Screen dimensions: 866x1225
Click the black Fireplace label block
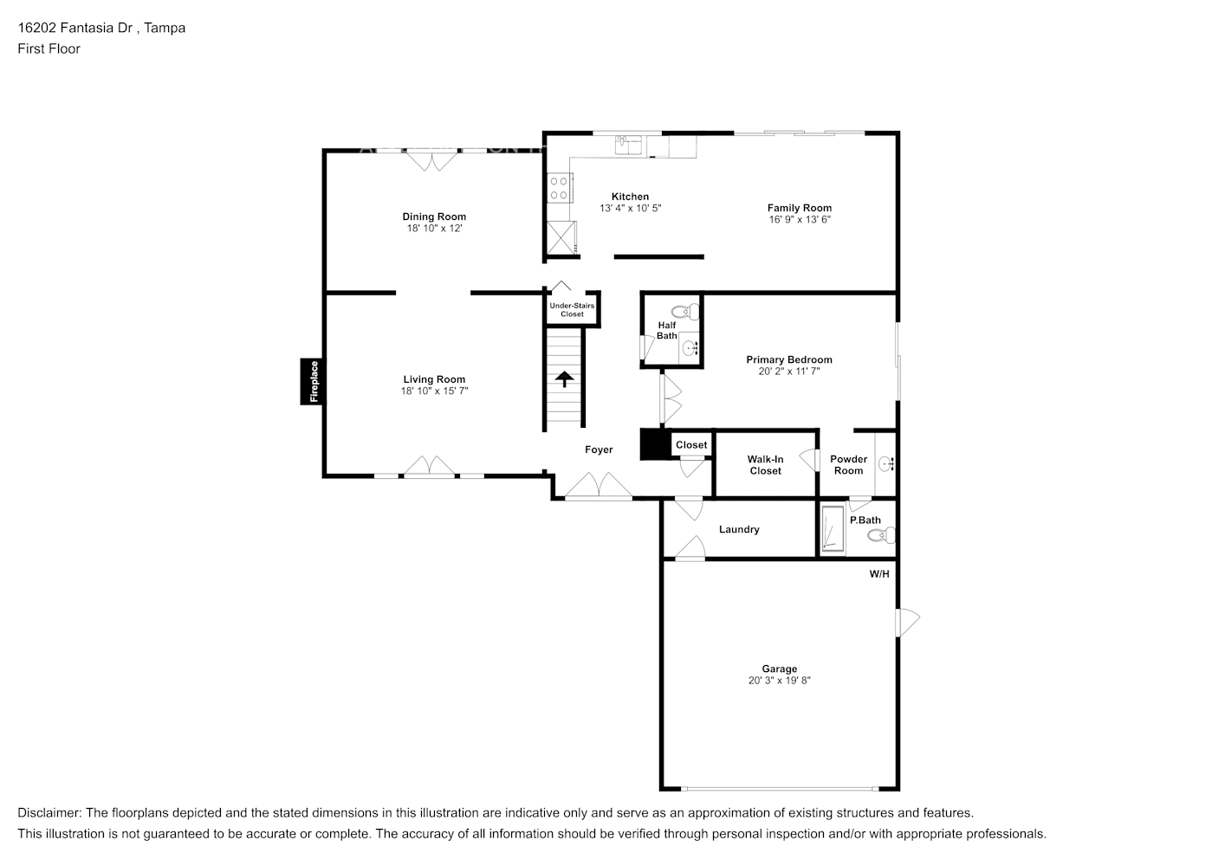pyautogui.click(x=313, y=381)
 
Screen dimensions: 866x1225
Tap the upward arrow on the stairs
pyautogui.click(x=564, y=379)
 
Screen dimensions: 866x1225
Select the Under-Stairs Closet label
pyautogui.click(x=572, y=309)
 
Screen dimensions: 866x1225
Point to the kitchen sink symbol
pyautogui.click(x=626, y=145)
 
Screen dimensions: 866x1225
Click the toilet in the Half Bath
pyautogui.click(x=685, y=312)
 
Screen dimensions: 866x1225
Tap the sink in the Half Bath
pyautogui.click(x=690, y=349)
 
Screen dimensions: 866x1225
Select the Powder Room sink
pyautogui.click(x=886, y=464)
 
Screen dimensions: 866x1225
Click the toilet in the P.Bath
pyautogui.click(x=881, y=536)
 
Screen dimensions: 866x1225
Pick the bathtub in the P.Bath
pyautogui.click(x=833, y=529)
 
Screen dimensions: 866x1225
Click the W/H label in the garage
pyautogui.click(x=879, y=574)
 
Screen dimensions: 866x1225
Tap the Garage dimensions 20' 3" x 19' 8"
pyautogui.click(x=780, y=681)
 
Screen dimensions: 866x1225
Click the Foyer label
pyautogui.click(x=599, y=449)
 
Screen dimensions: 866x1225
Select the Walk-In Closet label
pyautogui.click(x=765, y=465)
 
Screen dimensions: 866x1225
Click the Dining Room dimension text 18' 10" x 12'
pyautogui.click(x=434, y=229)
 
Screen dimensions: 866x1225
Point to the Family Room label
pyautogui.click(x=799, y=208)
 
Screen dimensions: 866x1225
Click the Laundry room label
pyautogui.click(x=739, y=529)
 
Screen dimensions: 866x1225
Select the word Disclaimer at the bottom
pyautogui.click(x=49, y=813)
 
